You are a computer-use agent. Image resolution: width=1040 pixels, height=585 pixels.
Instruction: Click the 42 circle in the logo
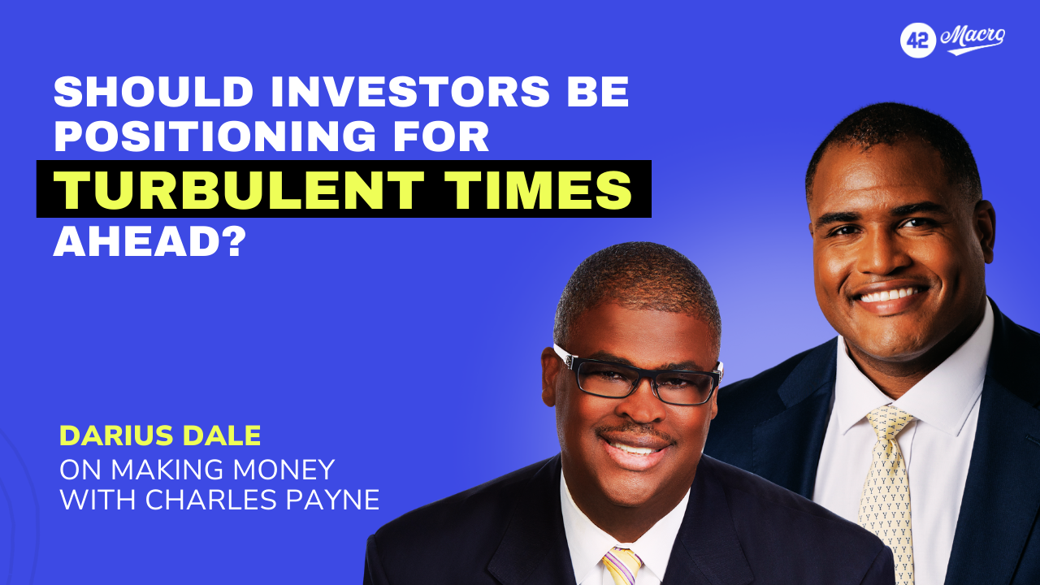(x=918, y=41)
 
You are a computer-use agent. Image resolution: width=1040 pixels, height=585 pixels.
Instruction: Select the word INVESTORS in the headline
(x=410, y=92)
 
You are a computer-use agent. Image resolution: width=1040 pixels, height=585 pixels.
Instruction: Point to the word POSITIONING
(x=215, y=136)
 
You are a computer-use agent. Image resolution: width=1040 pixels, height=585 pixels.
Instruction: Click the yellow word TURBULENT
(x=239, y=190)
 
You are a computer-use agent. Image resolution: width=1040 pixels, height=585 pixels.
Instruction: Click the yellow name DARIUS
(x=115, y=435)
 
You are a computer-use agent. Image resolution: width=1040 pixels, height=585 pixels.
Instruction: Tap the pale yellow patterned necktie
(x=886, y=492)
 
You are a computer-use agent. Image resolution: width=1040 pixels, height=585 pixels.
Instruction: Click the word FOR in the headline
(x=441, y=136)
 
